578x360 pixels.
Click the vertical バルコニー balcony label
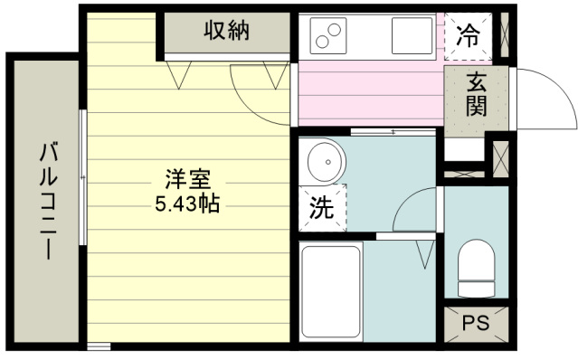pyautogui.click(x=46, y=201)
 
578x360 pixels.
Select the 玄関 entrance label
pyautogui.click(x=478, y=95)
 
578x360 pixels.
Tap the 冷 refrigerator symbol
pyautogui.click(x=468, y=36)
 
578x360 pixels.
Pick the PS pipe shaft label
pyautogui.click(x=476, y=322)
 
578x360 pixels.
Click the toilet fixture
pyautogui.click(x=476, y=267)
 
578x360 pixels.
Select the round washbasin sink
pyautogui.click(x=322, y=163)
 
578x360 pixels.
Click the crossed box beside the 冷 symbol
pyautogui.click(x=504, y=37)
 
